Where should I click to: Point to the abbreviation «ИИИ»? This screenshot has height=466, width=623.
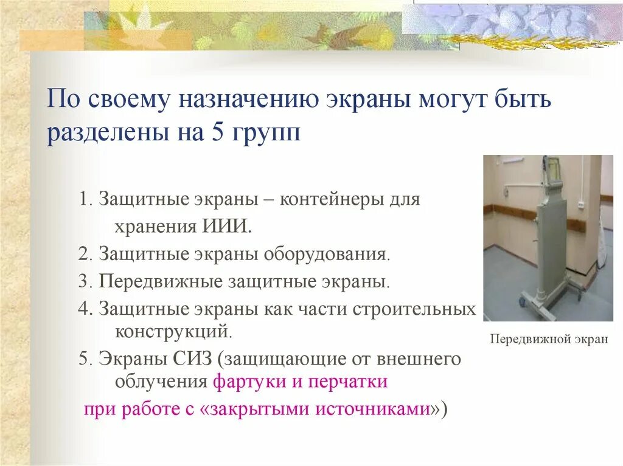(x=232, y=226)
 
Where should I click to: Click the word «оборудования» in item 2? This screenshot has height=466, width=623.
(x=326, y=253)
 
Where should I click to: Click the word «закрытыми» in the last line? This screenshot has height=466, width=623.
(x=256, y=409)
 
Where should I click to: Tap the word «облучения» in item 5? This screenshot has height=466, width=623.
(x=161, y=382)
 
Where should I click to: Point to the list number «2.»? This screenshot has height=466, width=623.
(x=85, y=253)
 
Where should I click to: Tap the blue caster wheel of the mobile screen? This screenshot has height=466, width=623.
(x=523, y=300)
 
